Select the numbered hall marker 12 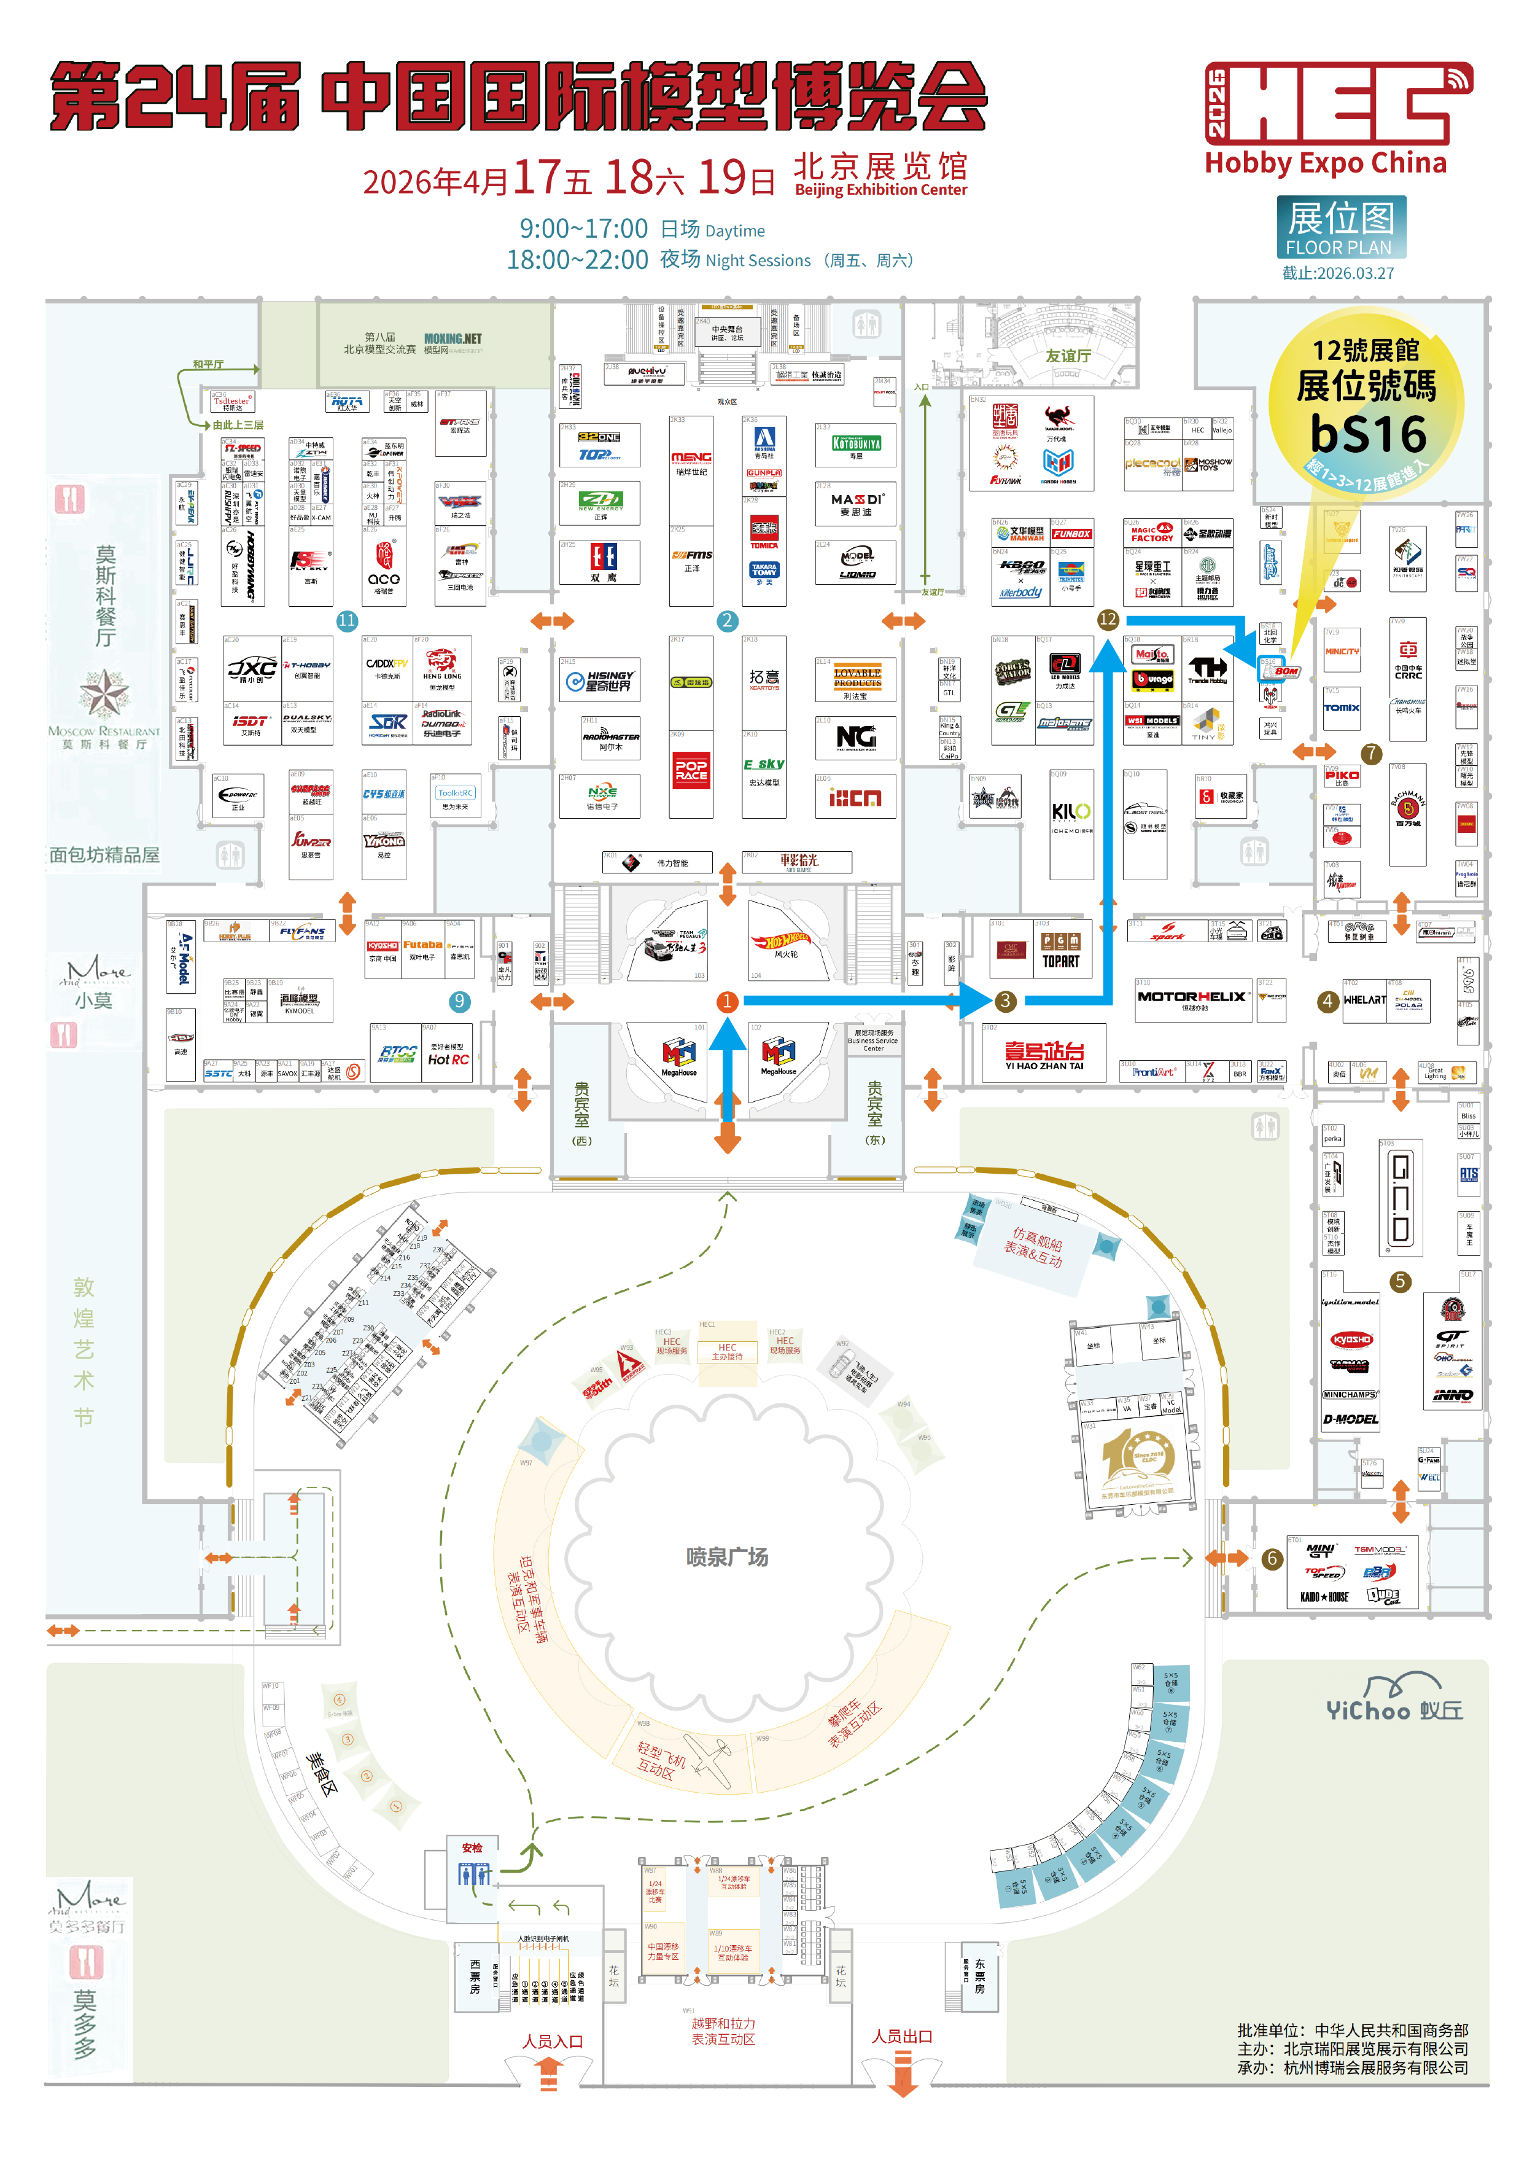[1107, 620]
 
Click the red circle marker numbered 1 [727, 1001]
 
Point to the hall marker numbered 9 [459, 1001]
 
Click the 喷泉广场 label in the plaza [727, 1557]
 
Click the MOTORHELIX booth [1192, 997]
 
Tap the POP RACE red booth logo [691, 770]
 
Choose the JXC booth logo [252, 669]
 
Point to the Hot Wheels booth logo [780, 942]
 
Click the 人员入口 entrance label [553, 2042]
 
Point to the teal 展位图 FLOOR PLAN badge [1340, 227]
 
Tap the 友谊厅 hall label [1068, 356]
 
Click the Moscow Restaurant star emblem [104, 692]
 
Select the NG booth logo [855, 736]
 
